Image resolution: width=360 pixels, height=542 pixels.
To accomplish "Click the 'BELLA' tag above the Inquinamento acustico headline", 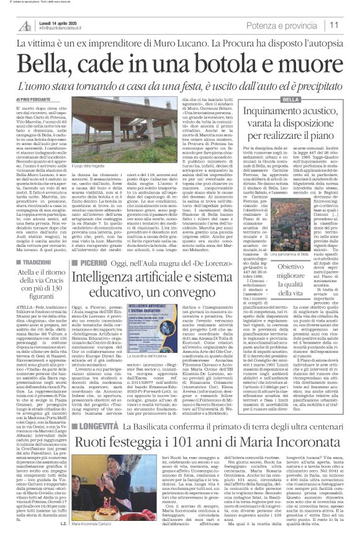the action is [x=290, y=100].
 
